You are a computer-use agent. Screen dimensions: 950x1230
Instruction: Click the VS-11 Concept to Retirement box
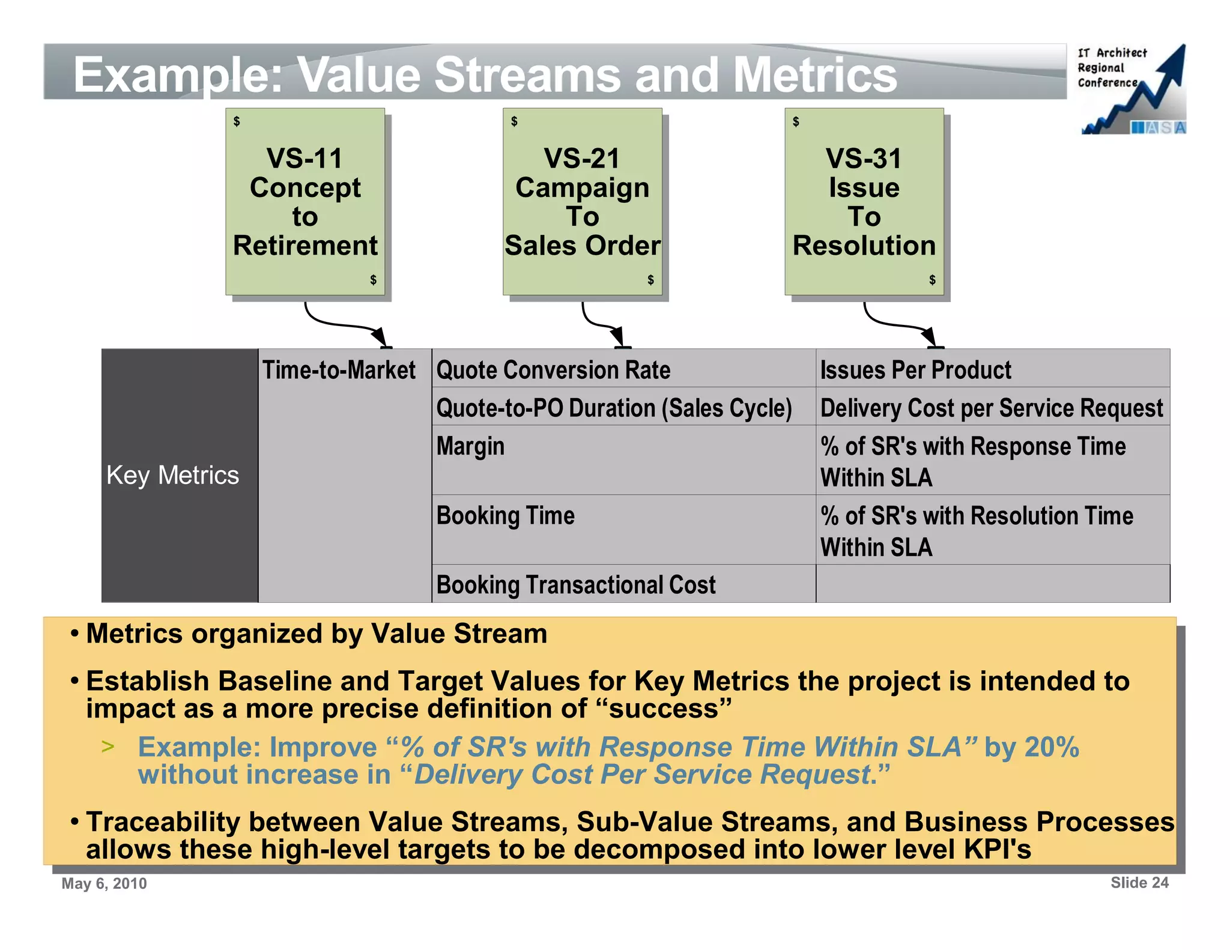pos(305,201)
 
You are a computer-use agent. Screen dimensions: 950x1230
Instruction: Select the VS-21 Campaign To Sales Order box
pos(582,201)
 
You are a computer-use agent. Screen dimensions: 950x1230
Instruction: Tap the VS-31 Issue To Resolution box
pos(864,201)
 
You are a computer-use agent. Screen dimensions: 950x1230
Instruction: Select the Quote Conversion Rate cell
pos(623,369)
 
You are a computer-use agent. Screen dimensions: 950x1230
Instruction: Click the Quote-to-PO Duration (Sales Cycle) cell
pos(623,407)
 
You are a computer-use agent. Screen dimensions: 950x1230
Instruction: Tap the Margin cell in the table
pos(623,460)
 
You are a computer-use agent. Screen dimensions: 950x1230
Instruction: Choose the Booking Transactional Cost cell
pos(623,584)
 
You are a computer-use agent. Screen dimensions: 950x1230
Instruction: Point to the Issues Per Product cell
pos(992,369)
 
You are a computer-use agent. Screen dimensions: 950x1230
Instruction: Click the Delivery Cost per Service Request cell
pos(992,407)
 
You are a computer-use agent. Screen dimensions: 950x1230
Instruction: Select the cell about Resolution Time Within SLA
pos(992,530)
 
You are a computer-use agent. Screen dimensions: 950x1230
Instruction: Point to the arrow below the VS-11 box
pos(342,324)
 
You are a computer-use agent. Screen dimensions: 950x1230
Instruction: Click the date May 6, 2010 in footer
pos(104,883)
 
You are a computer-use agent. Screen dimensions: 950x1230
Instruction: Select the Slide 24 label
pos(1139,883)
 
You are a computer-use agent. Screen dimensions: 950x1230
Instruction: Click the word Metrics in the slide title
pos(815,75)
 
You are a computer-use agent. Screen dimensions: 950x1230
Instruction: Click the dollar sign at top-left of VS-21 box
pos(514,122)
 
